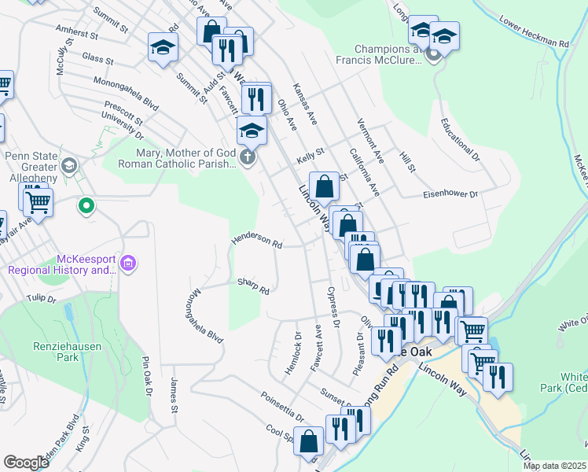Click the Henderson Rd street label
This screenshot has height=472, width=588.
click(x=256, y=242)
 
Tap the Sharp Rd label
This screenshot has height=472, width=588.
click(x=253, y=286)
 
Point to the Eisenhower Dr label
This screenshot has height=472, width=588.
click(x=450, y=194)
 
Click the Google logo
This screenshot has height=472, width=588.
click(x=26, y=462)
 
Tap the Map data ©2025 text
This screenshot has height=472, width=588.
click(x=555, y=466)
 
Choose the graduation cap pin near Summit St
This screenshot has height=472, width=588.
click(x=164, y=49)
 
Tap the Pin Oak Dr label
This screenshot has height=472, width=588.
click(x=146, y=377)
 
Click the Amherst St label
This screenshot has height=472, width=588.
click(x=76, y=34)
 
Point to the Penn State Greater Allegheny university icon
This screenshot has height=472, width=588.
click(x=69, y=164)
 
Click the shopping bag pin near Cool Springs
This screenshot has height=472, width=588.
click(x=310, y=442)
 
